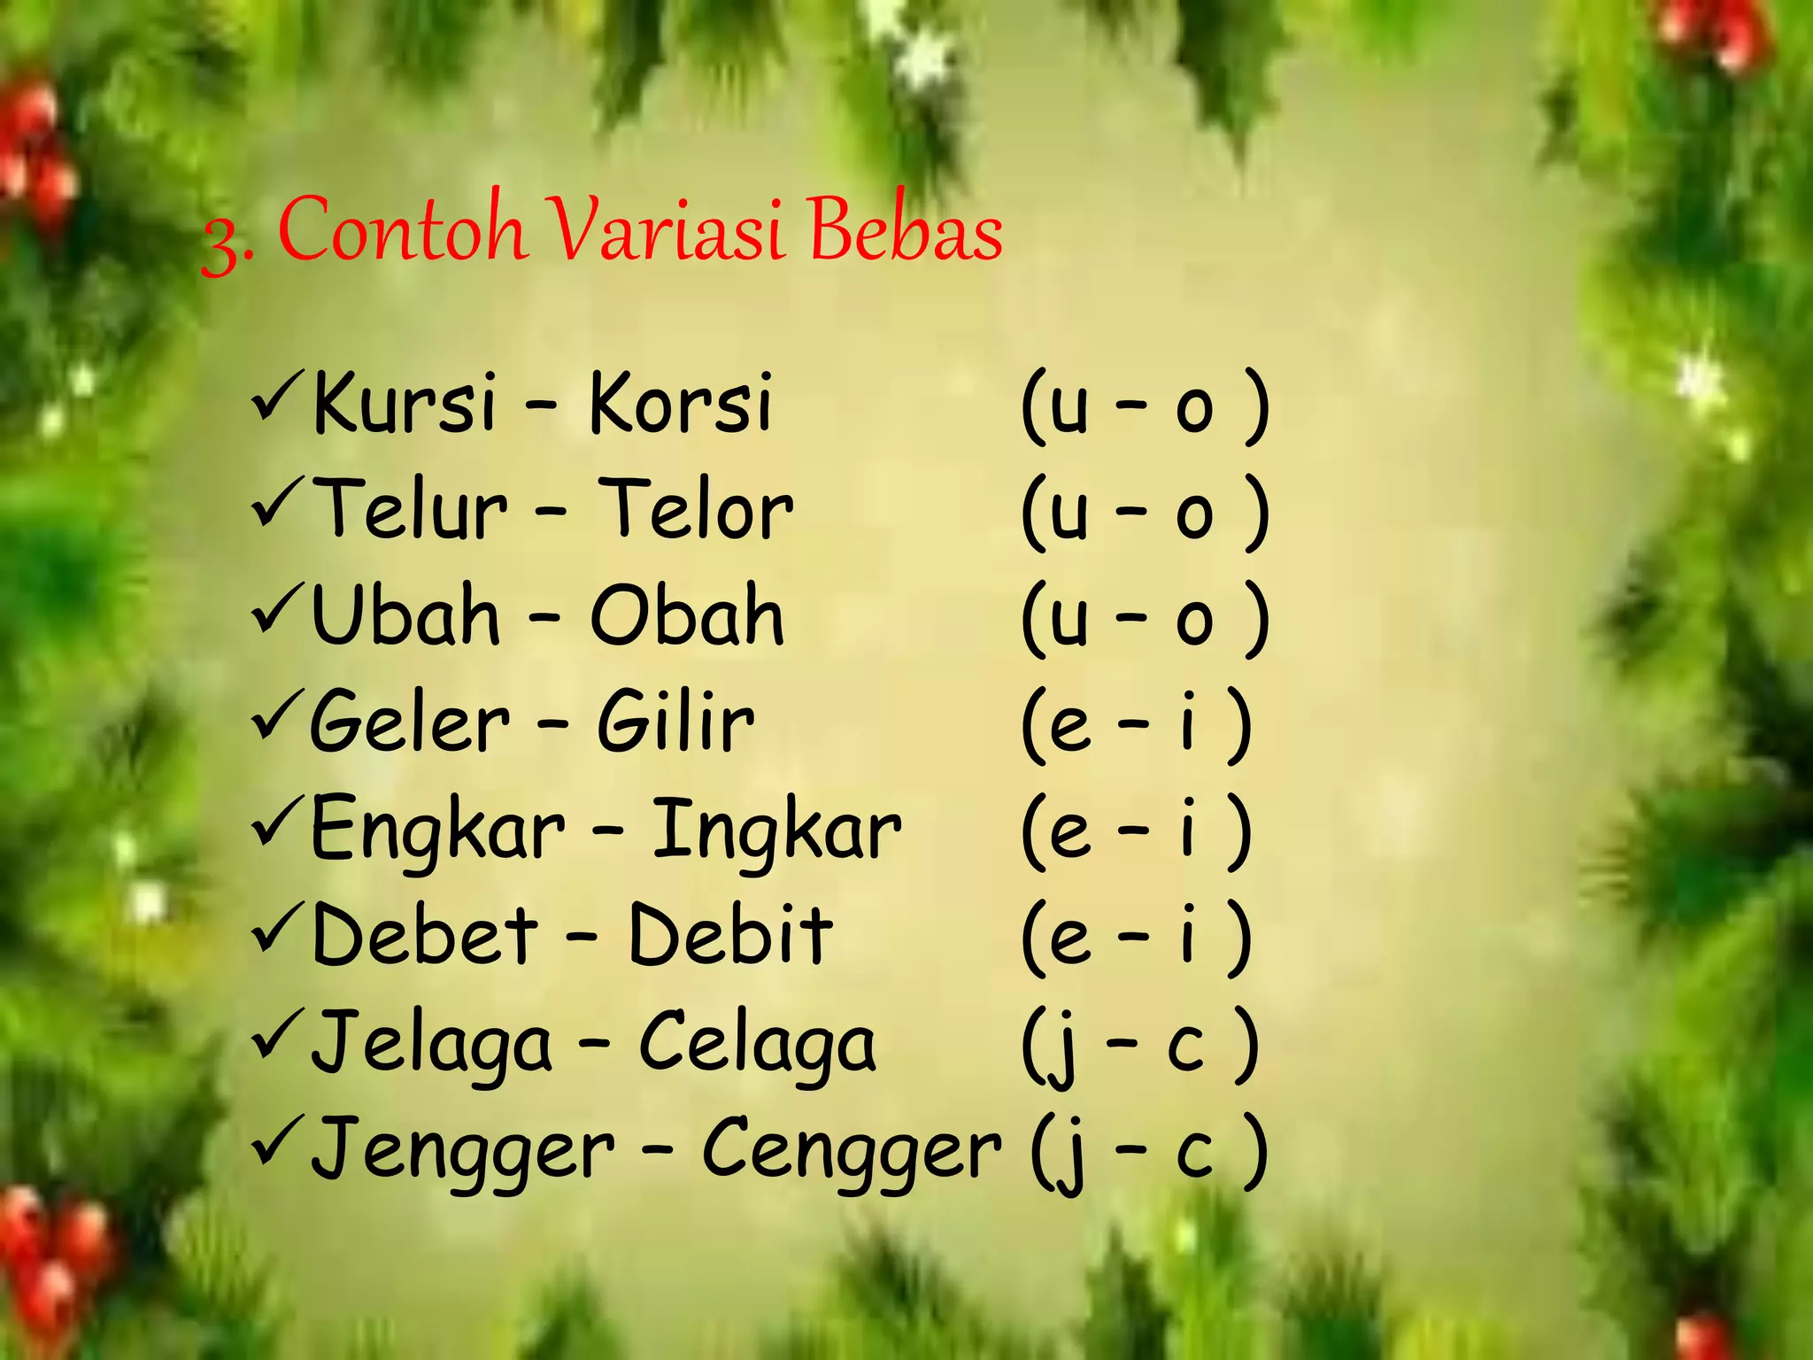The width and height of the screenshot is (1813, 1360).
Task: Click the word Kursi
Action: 405,404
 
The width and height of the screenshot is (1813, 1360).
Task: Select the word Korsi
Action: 680,404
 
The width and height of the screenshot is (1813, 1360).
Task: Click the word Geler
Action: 410,722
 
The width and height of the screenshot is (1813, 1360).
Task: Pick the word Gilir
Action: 675,722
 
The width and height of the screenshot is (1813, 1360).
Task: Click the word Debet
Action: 425,936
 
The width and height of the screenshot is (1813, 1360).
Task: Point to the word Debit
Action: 730,936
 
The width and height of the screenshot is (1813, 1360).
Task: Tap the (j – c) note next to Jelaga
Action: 1140,1045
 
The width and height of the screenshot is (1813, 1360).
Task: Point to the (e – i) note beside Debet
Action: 1137,937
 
